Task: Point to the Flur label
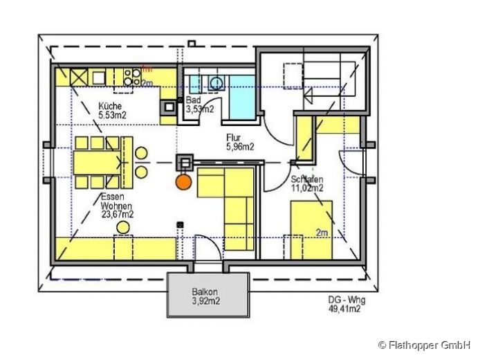(233, 138)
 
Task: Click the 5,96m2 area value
(240, 146)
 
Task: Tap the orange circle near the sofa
(183, 182)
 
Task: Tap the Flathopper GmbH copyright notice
(424, 344)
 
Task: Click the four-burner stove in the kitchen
(129, 76)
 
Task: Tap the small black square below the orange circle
(181, 224)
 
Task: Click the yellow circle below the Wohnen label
(124, 227)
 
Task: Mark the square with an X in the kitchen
(77, 76)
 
